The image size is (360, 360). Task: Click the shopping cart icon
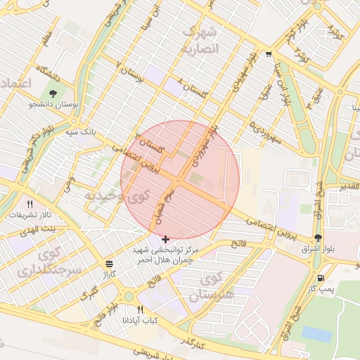click(269, 54)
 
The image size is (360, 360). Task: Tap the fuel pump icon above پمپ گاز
click(321, 278)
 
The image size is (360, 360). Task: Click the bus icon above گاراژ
click(108, 264)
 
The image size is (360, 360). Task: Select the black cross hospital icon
click(166, 239)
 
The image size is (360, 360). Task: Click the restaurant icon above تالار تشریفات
click(30, 203)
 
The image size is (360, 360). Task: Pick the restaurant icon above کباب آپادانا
click(141, 309)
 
